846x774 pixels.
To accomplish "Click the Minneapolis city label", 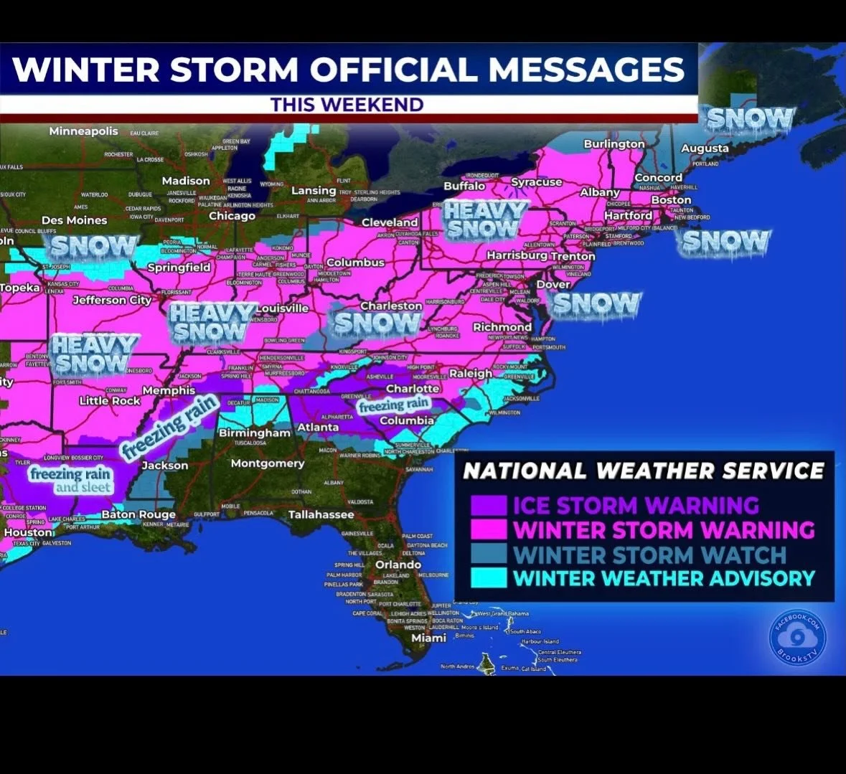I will point(83,131).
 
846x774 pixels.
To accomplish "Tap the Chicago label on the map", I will point(232,216).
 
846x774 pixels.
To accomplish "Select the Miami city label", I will point(428,638).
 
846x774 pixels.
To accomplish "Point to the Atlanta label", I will point(318,427).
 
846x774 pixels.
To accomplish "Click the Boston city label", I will point(671,200).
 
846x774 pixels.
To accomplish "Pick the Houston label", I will point(29,532).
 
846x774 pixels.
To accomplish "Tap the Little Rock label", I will point(110,401).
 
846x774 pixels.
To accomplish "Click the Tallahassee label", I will point(321,514).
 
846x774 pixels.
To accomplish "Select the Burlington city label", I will point(614,144).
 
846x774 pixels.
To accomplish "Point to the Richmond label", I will point(502,327).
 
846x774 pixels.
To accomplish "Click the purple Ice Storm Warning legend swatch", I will point(489,505).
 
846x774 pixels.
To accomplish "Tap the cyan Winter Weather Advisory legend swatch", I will point(489,578).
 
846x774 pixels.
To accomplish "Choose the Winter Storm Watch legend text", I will point(650,554).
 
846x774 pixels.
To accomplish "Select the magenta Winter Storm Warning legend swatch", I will point(489,529).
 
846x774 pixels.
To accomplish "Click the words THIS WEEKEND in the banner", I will point(347,105).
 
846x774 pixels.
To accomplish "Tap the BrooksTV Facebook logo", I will point(798,636).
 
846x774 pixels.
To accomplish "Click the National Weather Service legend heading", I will point(644,471).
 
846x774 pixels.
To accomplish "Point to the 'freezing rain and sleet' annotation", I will point(70,480).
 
